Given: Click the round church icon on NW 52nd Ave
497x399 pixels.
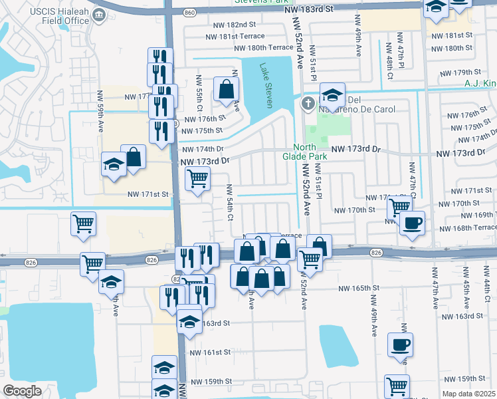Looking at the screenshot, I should point(308,103).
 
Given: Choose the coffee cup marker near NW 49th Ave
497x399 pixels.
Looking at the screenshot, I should point(400,346).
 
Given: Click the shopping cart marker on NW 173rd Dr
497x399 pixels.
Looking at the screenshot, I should point(197,178).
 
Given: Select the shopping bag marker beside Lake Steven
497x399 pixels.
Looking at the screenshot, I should point(226,88).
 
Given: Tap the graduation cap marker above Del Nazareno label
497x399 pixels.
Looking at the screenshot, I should point(332,94).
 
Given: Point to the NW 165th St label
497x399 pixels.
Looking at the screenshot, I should point(357,289).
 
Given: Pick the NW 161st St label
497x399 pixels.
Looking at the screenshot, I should point(210,352).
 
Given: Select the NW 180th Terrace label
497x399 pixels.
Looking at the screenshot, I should point(263,48).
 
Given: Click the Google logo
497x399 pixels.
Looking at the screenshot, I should point(22,390).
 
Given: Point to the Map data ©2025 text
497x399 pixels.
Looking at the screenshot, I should point(468,394).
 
